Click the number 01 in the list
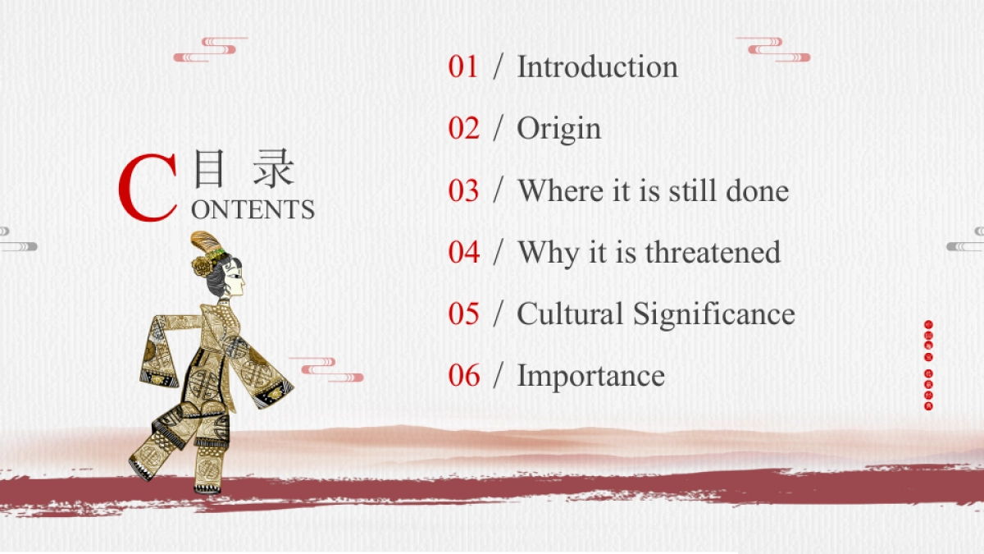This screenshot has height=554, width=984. [x=463, y=66]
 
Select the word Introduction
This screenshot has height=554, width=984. [x=597, y=66]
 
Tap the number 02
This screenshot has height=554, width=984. [x=463, y=128]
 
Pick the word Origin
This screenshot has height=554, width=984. [x=558, y=130]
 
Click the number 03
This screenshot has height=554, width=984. [x=463, y=190]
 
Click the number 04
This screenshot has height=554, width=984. [x=463, y=252]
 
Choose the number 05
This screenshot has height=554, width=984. [x=463, y=314]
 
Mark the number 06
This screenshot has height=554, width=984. [x=463, y=375]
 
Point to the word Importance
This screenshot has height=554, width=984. [x=590, y=377]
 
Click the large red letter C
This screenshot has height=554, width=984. [x=148, y=190]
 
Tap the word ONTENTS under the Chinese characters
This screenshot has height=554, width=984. [x=253, y=210]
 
